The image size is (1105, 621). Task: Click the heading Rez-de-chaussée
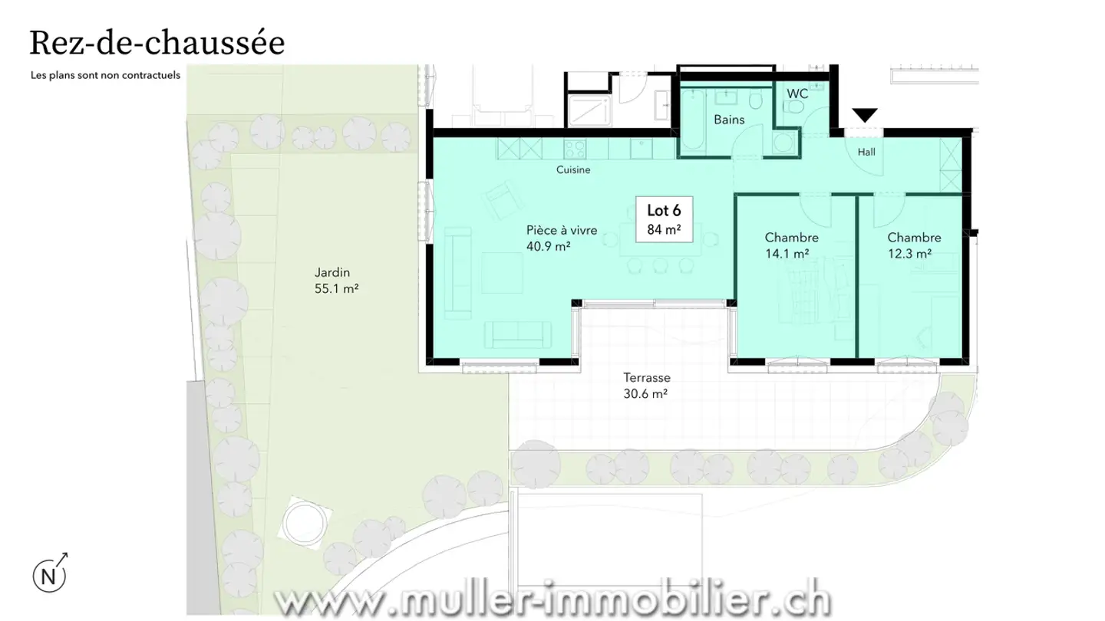[157, 43]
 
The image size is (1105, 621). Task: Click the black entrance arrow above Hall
[865, 116]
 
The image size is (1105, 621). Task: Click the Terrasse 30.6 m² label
[646, 386]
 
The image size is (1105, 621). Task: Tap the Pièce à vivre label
[561, 237]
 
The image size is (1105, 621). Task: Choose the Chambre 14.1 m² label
[791, 245]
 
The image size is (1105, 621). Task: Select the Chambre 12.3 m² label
[914, 245]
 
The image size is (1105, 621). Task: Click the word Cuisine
[573, 169]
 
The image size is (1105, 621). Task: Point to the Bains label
[728, 120]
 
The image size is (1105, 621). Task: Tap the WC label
[797, 94]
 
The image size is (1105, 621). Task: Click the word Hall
[866, 152]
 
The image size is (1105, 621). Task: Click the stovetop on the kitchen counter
[575, 147]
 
